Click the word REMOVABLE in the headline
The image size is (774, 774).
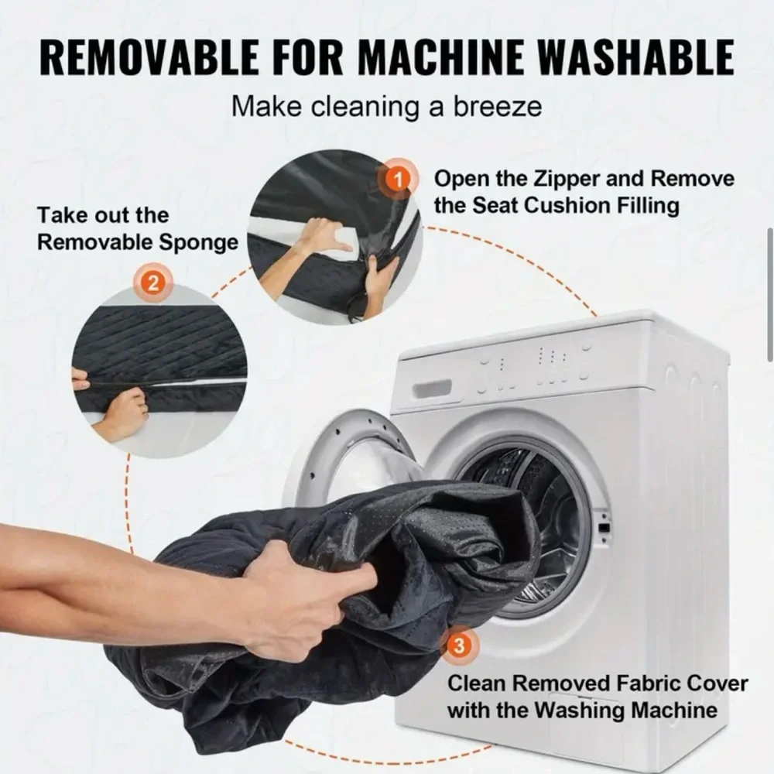point(148,57)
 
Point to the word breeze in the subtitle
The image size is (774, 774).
point(498,106)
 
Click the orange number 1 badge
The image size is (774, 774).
point(398,180)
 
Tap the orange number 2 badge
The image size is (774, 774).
point(153,283)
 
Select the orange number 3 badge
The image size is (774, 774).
point(459,645)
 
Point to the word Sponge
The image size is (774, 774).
point(198,243)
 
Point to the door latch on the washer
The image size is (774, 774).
point(604,528)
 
